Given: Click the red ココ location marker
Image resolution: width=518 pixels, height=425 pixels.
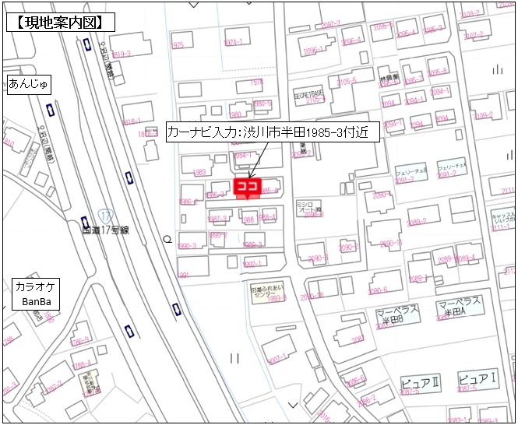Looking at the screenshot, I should [247, 188].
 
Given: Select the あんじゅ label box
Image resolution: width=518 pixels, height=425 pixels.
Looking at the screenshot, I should [28, 84].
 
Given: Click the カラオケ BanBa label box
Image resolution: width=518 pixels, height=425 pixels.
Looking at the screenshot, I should [36, 293].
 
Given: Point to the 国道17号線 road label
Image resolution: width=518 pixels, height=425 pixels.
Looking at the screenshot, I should [107, 230].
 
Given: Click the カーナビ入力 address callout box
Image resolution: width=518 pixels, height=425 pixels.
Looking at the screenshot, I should [272, 132].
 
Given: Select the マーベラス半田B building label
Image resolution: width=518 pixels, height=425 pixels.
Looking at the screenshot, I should [397, 314].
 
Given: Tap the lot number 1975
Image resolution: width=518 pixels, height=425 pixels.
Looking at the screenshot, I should [177, 45].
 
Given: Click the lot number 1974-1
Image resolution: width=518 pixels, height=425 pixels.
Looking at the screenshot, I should [233, 42].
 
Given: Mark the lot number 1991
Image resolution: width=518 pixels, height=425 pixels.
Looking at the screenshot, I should [184, 275].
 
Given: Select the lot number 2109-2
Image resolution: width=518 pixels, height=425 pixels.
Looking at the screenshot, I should [483, 115].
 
